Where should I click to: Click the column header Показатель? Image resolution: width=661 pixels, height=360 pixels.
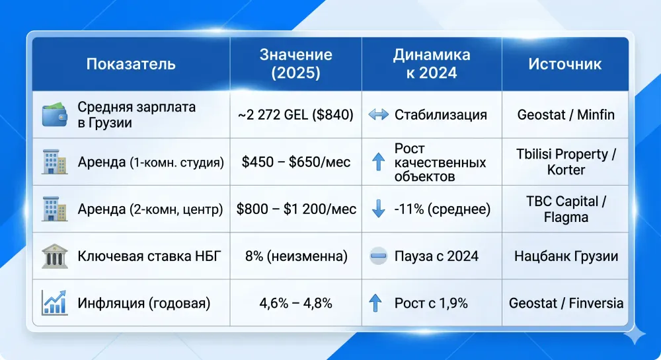click(x=131, y=64)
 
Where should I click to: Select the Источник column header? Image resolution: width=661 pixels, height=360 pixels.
click(x=564, y=64)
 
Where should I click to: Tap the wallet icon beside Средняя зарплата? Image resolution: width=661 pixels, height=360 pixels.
click(x=54, y=114)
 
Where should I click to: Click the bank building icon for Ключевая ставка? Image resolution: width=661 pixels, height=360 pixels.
click(x=54, y=256)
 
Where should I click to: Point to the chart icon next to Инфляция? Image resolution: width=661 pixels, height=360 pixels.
click(x=54, y=303)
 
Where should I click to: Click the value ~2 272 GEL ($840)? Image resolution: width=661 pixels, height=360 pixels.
click(x=295, y=114)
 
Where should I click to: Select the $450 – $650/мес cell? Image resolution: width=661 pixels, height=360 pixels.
click(x=295, y=161)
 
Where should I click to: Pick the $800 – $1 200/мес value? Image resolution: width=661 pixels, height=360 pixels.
click(x=296, y=209)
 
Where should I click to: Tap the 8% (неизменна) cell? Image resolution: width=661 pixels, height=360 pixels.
click(x=295, y=256)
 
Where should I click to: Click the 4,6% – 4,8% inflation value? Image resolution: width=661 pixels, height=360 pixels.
click(x=295, y=303)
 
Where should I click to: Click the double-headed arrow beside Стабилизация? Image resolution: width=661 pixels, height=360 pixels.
click(x=379, y=114)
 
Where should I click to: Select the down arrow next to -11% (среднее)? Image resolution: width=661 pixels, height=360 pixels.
click(x=378, y=209)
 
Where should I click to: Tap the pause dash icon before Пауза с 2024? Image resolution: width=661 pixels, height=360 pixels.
click(x=378, y=256)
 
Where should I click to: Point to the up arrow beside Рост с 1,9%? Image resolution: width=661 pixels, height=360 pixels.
click(x=376, y=303)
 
